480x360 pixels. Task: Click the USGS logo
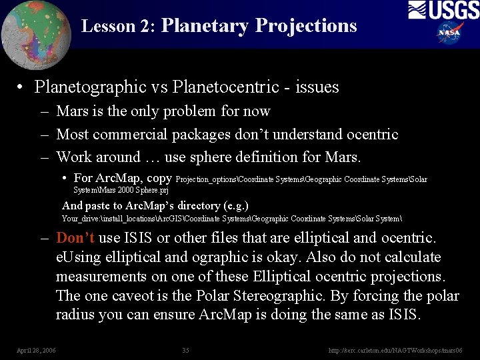pyautogui.click(x=443, y=11)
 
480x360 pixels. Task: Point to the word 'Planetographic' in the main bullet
pyautogui.click(x=89, y=87)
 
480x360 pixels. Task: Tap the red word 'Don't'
pyautogui.click(x=75, y=238)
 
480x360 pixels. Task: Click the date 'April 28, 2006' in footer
pyautogui.click(x=37, y=349)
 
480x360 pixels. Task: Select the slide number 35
pyautogui.click(x=186, y=349)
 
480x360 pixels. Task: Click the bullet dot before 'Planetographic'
pyautogui.click(x=22, y=87)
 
